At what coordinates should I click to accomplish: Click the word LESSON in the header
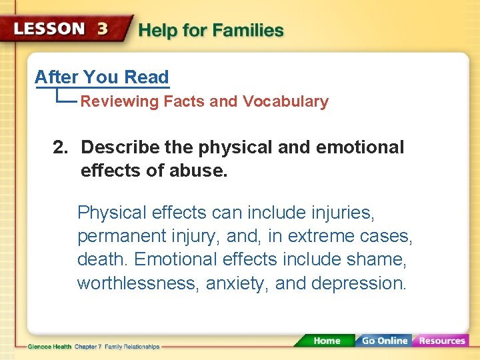49,30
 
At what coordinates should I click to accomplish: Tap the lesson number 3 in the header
103,30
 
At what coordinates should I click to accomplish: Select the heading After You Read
102,77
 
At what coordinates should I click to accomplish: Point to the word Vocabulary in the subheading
285,102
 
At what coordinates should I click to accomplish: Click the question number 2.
60,147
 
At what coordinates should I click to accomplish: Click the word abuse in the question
197,171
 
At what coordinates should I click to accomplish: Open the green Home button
326,341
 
